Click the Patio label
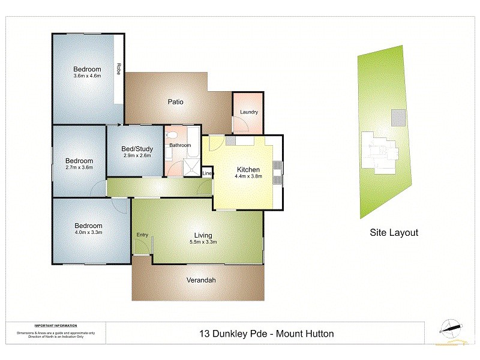coord(175,102)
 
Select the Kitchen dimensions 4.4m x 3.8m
coord(248,176)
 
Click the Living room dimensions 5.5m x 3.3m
coord(203,242)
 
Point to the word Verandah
coord(200,280)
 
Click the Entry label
coord(142,235)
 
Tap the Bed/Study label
coord(137,149)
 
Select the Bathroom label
coord(180,145)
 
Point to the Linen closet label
coord(208,174)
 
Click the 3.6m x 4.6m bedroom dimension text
coord(87,76)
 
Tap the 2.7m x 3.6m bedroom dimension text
coord(79,168)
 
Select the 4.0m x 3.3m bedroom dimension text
coord(88,232)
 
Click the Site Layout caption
coord(394,233)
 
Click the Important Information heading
coord(56,325)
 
